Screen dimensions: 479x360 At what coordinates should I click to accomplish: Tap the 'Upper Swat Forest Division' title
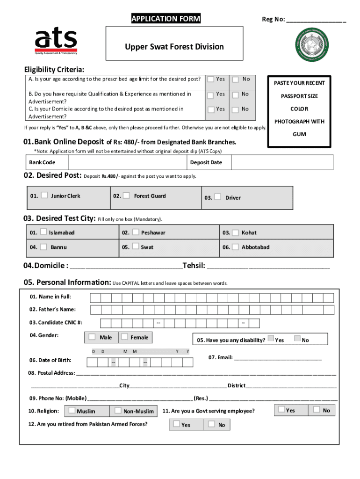tap(174, 47)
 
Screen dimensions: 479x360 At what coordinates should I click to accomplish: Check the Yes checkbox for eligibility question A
tap(211, 79)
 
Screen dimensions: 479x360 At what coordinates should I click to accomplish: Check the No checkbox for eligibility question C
tap(237, 109)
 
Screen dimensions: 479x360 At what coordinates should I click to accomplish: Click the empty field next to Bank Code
tap(127, 162)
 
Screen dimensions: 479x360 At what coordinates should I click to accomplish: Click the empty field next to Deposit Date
tap(282, 162)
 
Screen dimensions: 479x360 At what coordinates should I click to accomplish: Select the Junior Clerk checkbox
tap(44, 195)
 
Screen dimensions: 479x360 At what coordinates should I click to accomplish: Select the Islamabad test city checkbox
tap(43, 232)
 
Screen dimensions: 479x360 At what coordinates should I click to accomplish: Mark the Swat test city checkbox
tap(136, 246)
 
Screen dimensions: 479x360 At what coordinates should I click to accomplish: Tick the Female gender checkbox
tap(124, 336)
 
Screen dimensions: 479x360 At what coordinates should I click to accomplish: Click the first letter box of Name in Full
tap(95, 298)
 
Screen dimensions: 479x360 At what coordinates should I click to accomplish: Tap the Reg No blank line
tap(316, 20)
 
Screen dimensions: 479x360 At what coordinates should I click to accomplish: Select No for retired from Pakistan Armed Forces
tap(212, 424)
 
